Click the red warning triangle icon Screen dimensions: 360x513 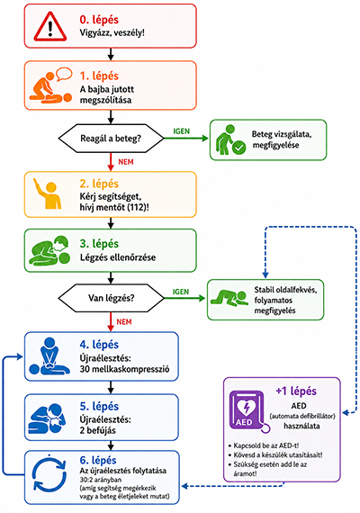pos(50,27)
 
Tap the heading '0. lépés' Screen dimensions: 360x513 pos(99,20)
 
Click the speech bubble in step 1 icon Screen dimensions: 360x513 pos(64,74)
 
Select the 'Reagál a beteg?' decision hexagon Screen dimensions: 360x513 pos(111,139)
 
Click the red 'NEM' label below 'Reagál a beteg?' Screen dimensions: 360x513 pos(126,162)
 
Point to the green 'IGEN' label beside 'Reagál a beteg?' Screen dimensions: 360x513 pos(181,131)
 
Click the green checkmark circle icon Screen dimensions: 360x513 pos(238,148)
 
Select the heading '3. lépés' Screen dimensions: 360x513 pos(99,244)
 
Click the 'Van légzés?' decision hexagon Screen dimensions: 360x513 pos(111,298)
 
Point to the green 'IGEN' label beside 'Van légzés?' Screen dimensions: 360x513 pos(181,292)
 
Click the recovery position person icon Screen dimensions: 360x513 pos(229,298)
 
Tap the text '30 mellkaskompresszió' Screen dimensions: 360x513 pos(124,369)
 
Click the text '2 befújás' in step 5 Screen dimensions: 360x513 pos(97,430)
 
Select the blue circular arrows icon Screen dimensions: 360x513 pos(49,474)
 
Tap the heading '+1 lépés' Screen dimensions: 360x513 pos(296,391)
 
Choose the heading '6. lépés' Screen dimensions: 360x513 pos(98,460)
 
